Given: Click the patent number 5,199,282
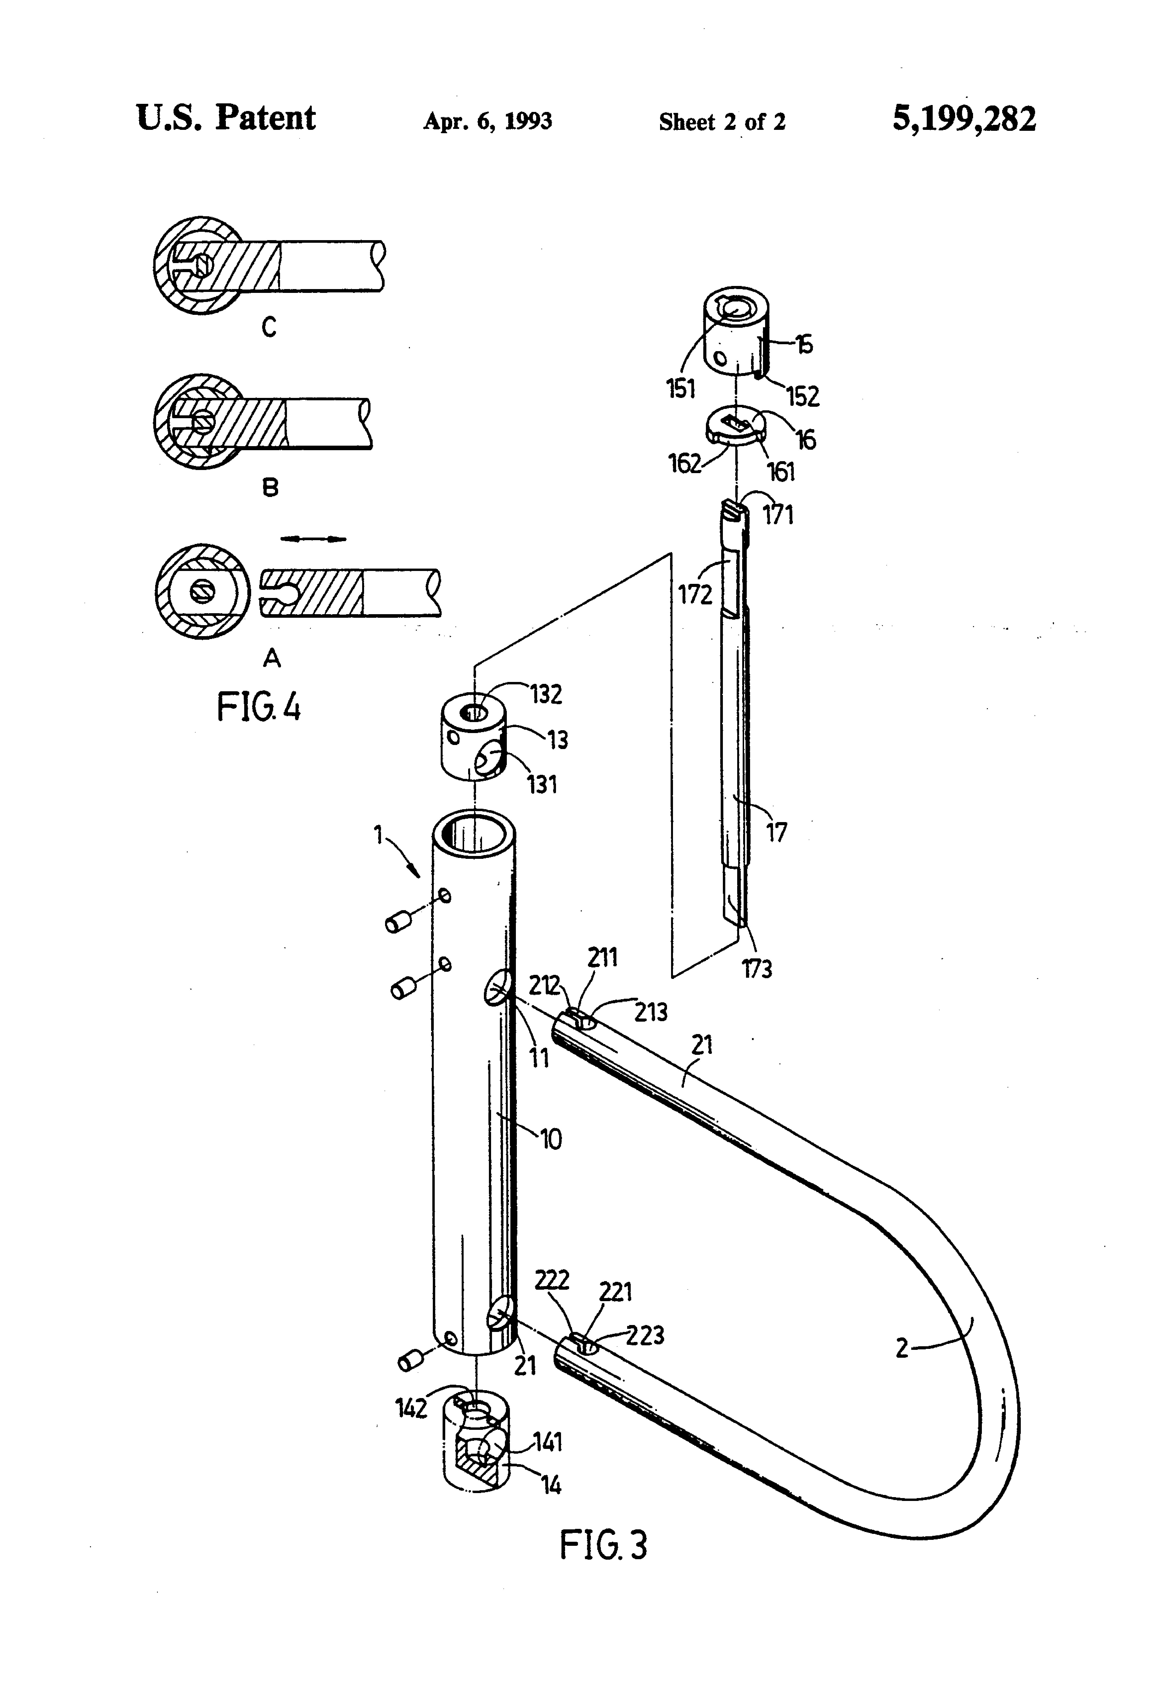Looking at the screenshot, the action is click(963, 119).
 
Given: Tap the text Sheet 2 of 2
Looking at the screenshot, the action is click(722, 122).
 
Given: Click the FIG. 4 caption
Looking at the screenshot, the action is click(259, 708).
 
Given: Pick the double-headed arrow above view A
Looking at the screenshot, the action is click(314, 539).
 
